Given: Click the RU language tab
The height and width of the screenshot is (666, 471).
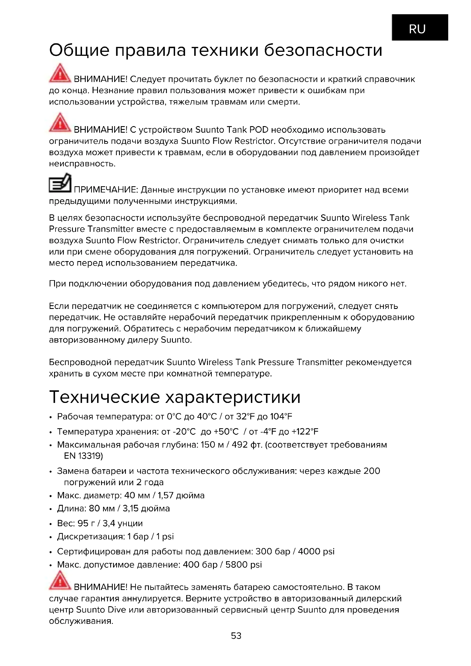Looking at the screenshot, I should [420, 28].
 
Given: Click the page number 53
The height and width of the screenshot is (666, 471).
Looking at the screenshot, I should [236, 636].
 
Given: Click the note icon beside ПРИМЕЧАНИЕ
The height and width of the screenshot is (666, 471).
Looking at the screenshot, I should [60, 183].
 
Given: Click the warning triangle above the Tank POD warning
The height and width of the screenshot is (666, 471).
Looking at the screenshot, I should [60, 122].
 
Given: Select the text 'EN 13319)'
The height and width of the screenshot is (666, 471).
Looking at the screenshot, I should [83, 456].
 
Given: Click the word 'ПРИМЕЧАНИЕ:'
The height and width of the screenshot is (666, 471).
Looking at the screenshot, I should [106, 190].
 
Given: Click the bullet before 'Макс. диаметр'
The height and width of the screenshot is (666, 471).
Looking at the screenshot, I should [51, 496].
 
